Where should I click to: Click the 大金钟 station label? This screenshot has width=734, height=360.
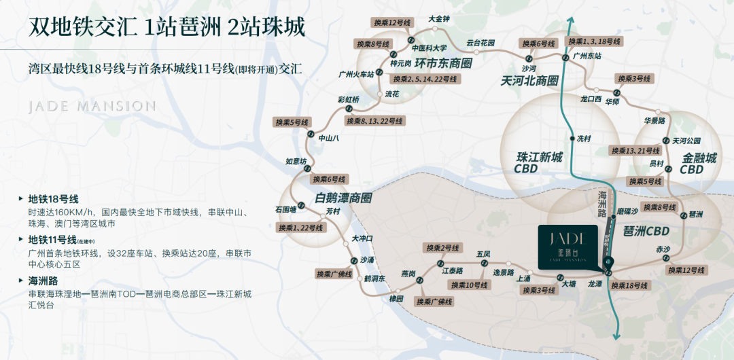[439, 19]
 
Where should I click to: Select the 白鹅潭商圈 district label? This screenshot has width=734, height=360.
[343, 198]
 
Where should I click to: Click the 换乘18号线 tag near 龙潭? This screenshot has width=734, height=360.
[629, 285]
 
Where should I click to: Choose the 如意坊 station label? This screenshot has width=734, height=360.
[296, 161]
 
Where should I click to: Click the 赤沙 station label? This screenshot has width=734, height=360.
[663, 249]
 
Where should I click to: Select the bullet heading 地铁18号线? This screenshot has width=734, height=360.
[53, 199]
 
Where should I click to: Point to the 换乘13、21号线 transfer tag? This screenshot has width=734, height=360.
[635, 150]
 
